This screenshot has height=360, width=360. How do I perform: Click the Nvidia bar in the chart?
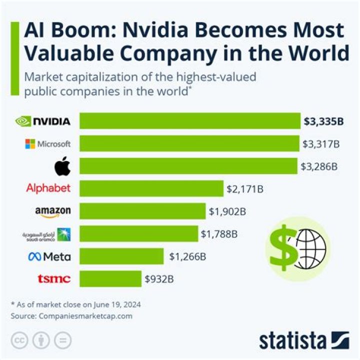point(190,121)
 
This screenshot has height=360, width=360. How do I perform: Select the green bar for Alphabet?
point(151,188)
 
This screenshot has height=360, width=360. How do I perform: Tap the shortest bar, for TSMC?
point(110,278)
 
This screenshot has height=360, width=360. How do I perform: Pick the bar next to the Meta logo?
point(121,256)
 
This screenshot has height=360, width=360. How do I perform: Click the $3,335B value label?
point(323,121)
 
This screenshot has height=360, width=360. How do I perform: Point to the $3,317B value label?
point(321,144)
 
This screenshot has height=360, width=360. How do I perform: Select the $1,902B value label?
point(227,211)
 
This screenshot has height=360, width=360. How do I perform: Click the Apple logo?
point(62,166)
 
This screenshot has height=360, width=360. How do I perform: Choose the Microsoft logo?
point(48,144)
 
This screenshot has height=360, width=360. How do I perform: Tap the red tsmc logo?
point(54,278)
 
